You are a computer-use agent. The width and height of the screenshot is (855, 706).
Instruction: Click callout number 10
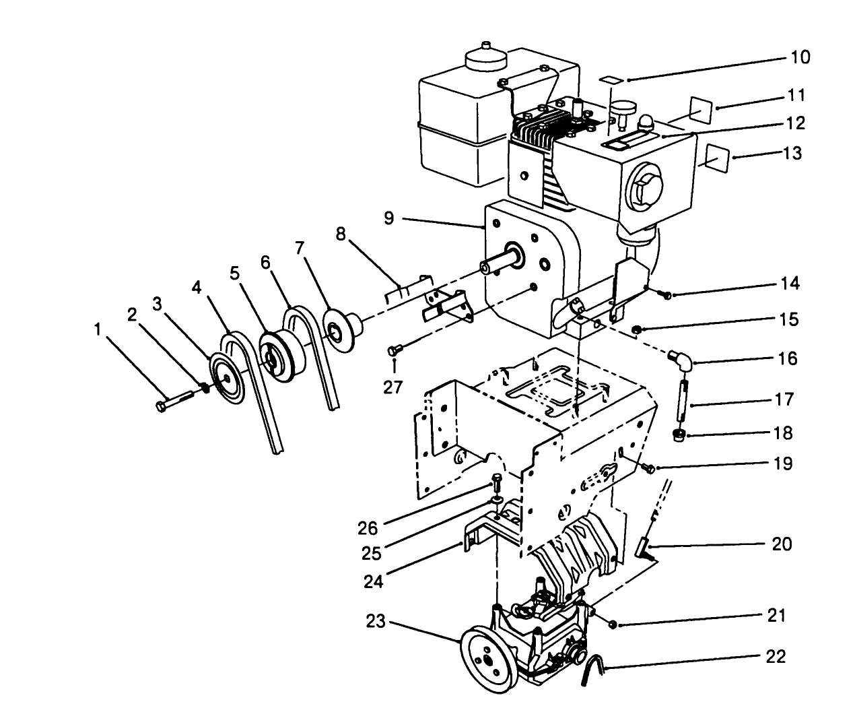tap(800, 57)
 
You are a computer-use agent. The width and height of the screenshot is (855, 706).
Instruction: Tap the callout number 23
tap(376, 621)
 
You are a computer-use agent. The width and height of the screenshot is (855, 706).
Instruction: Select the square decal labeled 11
tap(700, 107)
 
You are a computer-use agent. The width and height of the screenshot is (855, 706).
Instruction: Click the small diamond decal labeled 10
tap(612, 79)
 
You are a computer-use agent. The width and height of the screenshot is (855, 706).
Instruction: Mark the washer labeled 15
tap(636, 329)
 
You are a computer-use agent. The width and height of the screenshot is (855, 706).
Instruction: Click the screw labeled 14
tap(663, 294)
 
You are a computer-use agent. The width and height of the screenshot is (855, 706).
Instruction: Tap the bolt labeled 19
tap(648, 468)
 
